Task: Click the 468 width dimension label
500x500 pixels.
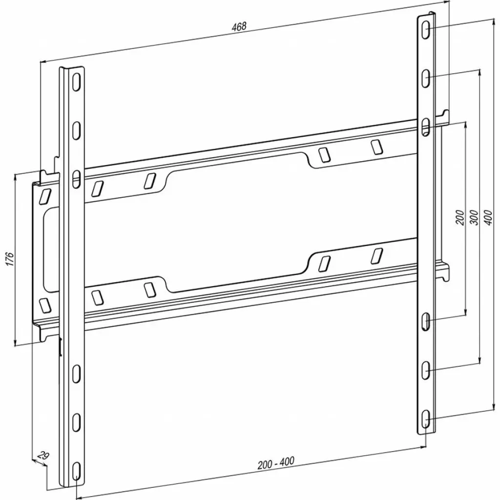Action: [239, 26]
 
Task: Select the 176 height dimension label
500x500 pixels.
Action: [10, 259]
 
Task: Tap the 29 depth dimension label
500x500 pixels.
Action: [43, 456]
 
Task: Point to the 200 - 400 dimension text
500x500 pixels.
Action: [276, 463]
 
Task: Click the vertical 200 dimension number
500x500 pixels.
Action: [460, 217]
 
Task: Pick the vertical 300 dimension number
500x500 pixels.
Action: [474, 217]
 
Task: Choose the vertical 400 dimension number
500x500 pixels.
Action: [488, 217]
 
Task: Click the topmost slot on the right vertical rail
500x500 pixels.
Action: [426, 30]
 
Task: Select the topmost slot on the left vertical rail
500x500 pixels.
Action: [76, 82]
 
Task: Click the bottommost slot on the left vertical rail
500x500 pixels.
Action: [76, 471]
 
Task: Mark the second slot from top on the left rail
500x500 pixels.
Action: [76, 130]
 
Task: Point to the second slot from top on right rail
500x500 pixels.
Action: [426, 78]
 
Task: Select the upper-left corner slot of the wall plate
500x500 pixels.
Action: [44, 196]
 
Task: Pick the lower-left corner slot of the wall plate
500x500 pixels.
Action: [45, 306]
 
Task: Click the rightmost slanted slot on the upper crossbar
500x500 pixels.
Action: [376, 147]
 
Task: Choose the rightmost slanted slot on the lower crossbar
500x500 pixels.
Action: [377, 256]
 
